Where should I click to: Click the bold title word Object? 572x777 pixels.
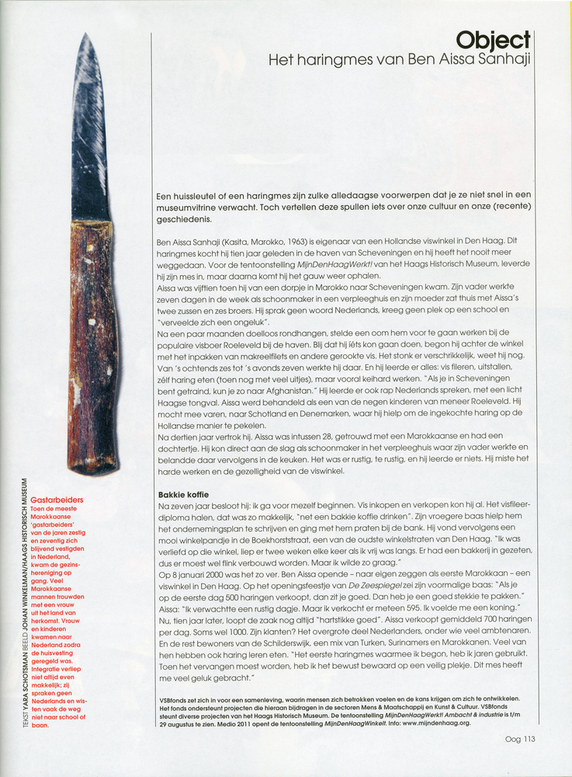493,40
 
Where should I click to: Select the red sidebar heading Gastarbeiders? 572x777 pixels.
57,500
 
